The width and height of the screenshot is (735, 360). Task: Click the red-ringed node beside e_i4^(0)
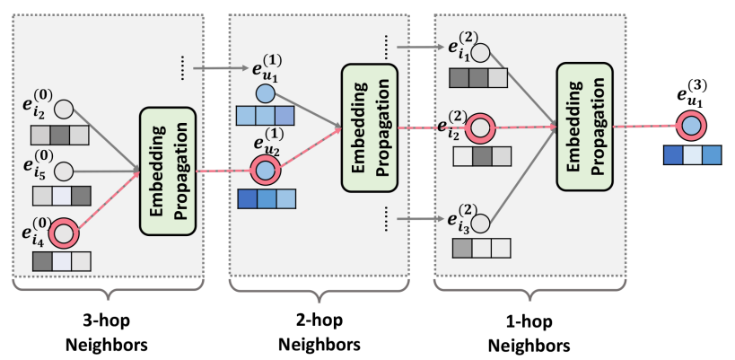click(64, 235)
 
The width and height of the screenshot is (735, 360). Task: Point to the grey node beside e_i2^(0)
click(64, 110)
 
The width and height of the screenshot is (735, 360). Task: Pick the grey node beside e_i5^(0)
click(64, 169)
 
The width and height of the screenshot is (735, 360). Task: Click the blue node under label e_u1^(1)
click(265, 93)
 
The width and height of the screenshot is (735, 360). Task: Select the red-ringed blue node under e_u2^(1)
click(265, 168)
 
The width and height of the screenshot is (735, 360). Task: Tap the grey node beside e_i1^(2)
click(480, 52)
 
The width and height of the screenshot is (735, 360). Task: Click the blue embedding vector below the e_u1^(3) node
click(691, 155)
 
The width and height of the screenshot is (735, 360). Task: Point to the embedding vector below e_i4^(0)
click(61, 261)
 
